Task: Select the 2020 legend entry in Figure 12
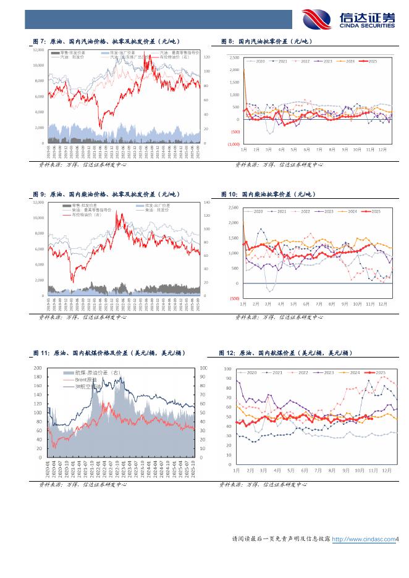coord(250,373)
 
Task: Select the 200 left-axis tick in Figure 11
coord(38,368)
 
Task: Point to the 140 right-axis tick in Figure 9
coord(207,203)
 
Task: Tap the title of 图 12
coord(285,353)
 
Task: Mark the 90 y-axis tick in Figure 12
coord(228,378)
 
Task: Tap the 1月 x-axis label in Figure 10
coord(243,304)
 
